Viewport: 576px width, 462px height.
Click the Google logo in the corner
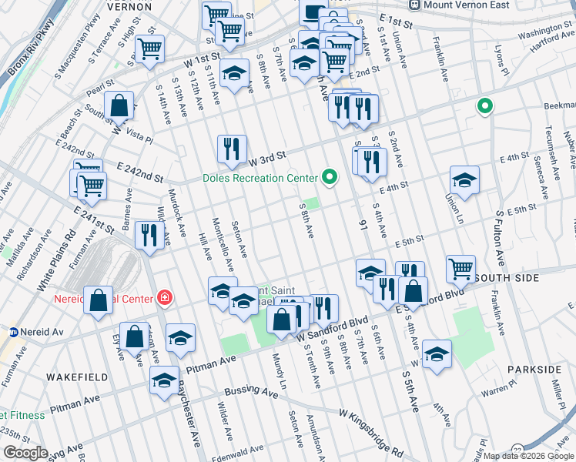25,453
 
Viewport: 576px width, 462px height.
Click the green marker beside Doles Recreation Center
330,178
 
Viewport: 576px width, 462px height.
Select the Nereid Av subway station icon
13,333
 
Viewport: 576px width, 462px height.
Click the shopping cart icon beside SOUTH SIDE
460,269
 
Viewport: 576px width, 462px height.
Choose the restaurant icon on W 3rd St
232,148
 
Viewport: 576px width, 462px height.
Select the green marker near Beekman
485,106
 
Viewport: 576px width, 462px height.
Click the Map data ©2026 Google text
529,456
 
